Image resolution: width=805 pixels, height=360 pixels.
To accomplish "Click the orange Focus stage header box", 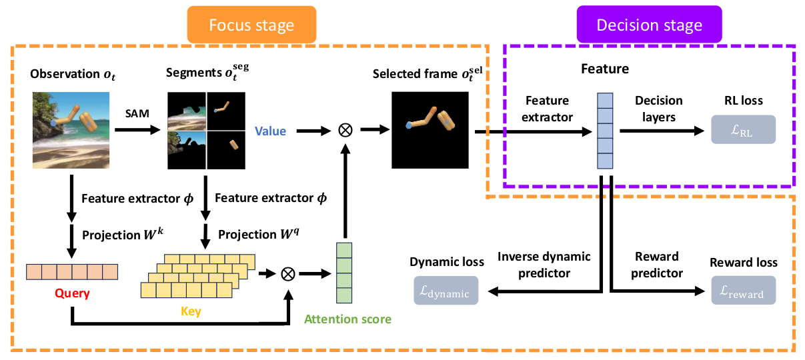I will point(251,26).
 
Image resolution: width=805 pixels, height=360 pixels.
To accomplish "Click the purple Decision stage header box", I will point(649,25).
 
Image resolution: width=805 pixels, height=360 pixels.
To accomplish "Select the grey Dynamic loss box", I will point(446,291).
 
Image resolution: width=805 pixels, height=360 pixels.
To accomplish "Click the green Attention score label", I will point(347,319).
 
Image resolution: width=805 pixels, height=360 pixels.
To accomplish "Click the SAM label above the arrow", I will point(137,115).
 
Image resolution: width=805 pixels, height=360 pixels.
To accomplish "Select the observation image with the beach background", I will point(71,130).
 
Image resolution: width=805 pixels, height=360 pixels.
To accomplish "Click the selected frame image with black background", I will point(430,130).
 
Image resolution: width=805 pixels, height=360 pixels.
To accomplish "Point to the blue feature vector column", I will point(604,131).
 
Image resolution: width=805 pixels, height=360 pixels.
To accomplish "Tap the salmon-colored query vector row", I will point(71,272).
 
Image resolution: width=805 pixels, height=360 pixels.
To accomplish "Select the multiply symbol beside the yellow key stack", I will point(287,273).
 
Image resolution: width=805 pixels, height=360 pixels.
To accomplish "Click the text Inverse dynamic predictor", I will point(544,265).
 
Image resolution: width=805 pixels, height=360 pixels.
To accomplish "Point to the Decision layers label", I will point(658,108).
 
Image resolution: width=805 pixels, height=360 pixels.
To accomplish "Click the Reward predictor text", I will point(657,265).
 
